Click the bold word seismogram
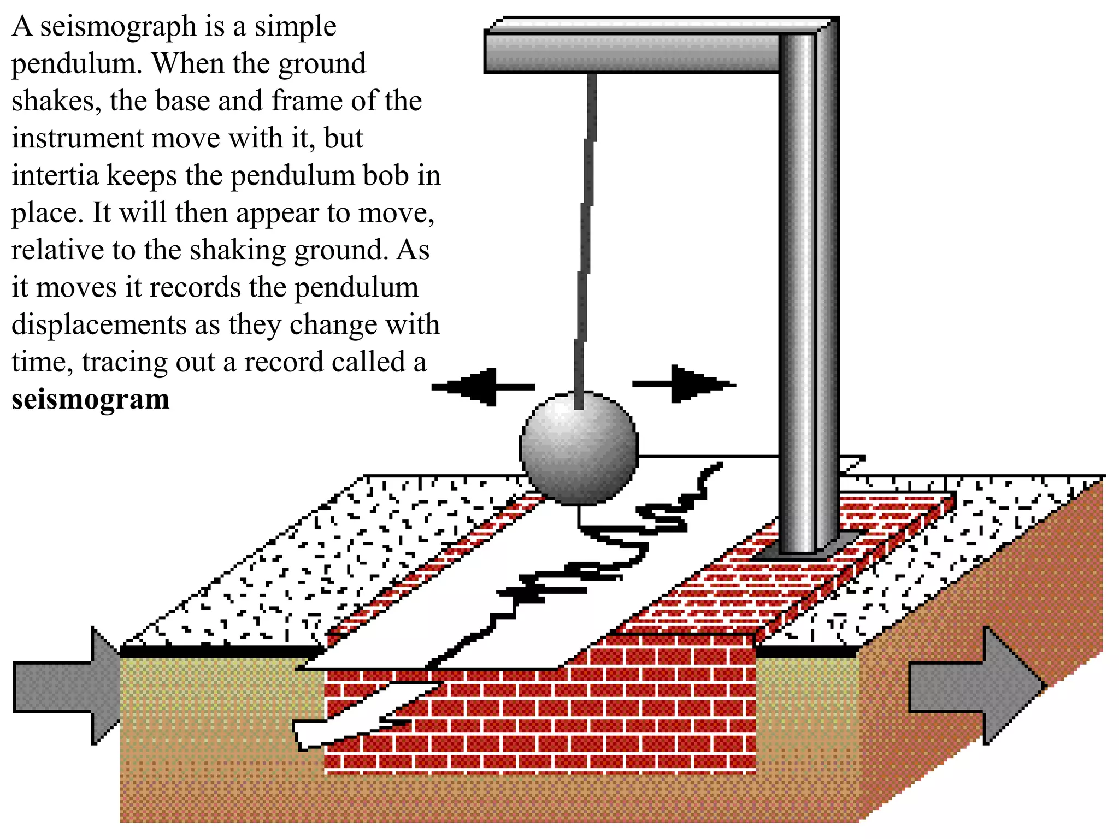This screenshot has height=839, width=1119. [90, 399]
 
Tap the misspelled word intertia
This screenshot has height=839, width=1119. [55, 175]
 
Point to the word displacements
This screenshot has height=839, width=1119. [99, 325]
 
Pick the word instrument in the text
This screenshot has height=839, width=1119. [76, 138]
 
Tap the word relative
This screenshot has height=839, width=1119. [57, 250]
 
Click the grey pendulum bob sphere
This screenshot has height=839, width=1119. [579, 448]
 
